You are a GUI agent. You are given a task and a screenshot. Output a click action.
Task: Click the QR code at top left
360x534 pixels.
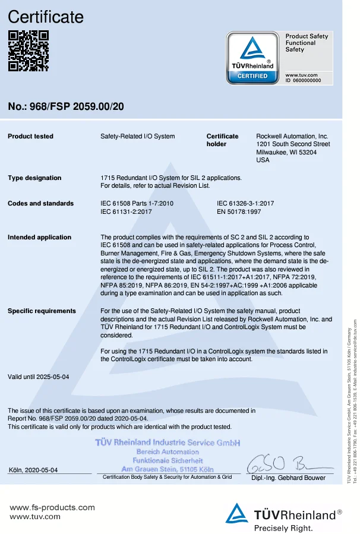point(28,50)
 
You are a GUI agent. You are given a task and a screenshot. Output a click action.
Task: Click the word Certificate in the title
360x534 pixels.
point(46,17)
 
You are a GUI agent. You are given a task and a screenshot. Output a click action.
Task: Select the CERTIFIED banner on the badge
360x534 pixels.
point(252,76)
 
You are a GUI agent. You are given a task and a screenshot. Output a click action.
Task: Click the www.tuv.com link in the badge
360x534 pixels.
point(302,75)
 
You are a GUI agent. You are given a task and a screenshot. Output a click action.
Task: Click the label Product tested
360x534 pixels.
point(30,137)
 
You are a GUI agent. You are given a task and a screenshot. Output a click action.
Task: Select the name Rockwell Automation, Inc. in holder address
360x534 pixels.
point(292,137)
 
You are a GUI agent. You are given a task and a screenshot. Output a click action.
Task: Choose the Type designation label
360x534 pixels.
point(34,178)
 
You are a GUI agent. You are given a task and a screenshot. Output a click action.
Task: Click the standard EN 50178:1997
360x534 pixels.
point(239,211)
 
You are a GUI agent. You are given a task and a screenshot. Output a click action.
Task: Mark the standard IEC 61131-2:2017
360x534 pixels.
point(127,211)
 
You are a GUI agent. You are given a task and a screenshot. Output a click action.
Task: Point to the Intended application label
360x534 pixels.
point(39,238)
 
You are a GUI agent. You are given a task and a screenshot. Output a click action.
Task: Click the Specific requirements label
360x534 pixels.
point(42,311)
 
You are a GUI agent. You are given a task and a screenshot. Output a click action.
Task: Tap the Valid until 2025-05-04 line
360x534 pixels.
point(39,377)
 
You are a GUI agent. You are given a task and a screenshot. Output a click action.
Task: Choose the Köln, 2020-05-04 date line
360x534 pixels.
point(34,470)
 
